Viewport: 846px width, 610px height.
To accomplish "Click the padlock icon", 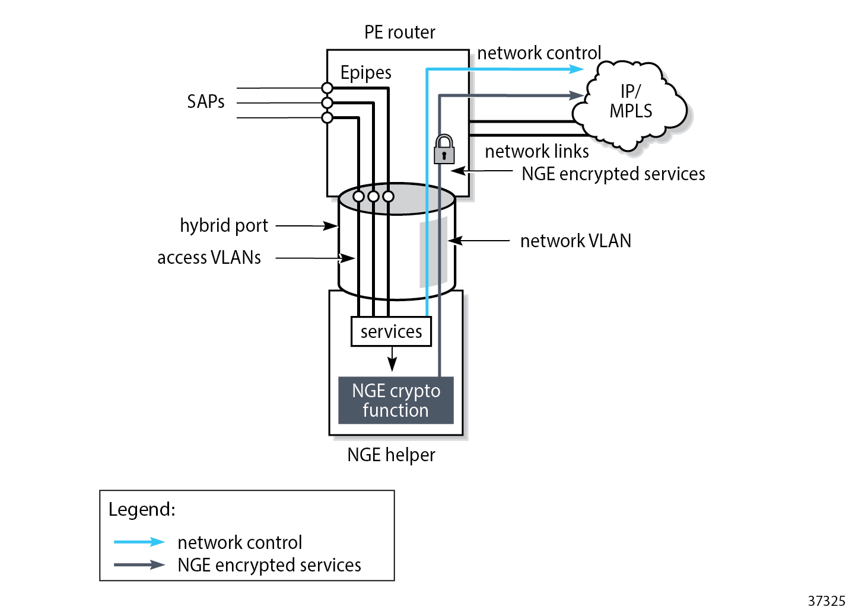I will tap(444, 149).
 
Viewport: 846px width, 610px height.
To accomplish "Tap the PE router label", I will tap(399, 32).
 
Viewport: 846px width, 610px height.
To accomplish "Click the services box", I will tap(391, 331).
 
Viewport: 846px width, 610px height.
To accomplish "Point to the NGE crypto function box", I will tap(396, 400).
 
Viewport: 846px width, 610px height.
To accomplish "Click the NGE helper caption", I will tap(391, 455).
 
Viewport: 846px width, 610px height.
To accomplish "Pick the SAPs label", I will tap(205, 101).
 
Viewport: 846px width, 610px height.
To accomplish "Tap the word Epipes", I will tap(365, 72).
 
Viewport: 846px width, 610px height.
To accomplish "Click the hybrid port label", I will tap(224, 225).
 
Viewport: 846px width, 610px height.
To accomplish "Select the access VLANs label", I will tap(209, 257).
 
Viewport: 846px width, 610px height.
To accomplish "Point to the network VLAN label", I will tap(575, 241).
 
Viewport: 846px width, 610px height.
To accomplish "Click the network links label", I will tap(536, 151).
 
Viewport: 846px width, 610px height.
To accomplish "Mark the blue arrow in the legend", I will tap(139, 542).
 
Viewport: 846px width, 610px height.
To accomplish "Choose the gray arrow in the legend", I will tap(139, 564).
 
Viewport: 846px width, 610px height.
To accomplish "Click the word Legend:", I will tap(142, 509).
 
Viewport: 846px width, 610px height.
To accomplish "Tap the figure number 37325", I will tap(826, 601).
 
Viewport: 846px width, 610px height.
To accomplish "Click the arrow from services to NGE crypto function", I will tap(392, 360).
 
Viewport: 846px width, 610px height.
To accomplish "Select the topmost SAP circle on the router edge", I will tap(327, 88).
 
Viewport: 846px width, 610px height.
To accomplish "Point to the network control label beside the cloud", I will tap(539, 53).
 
